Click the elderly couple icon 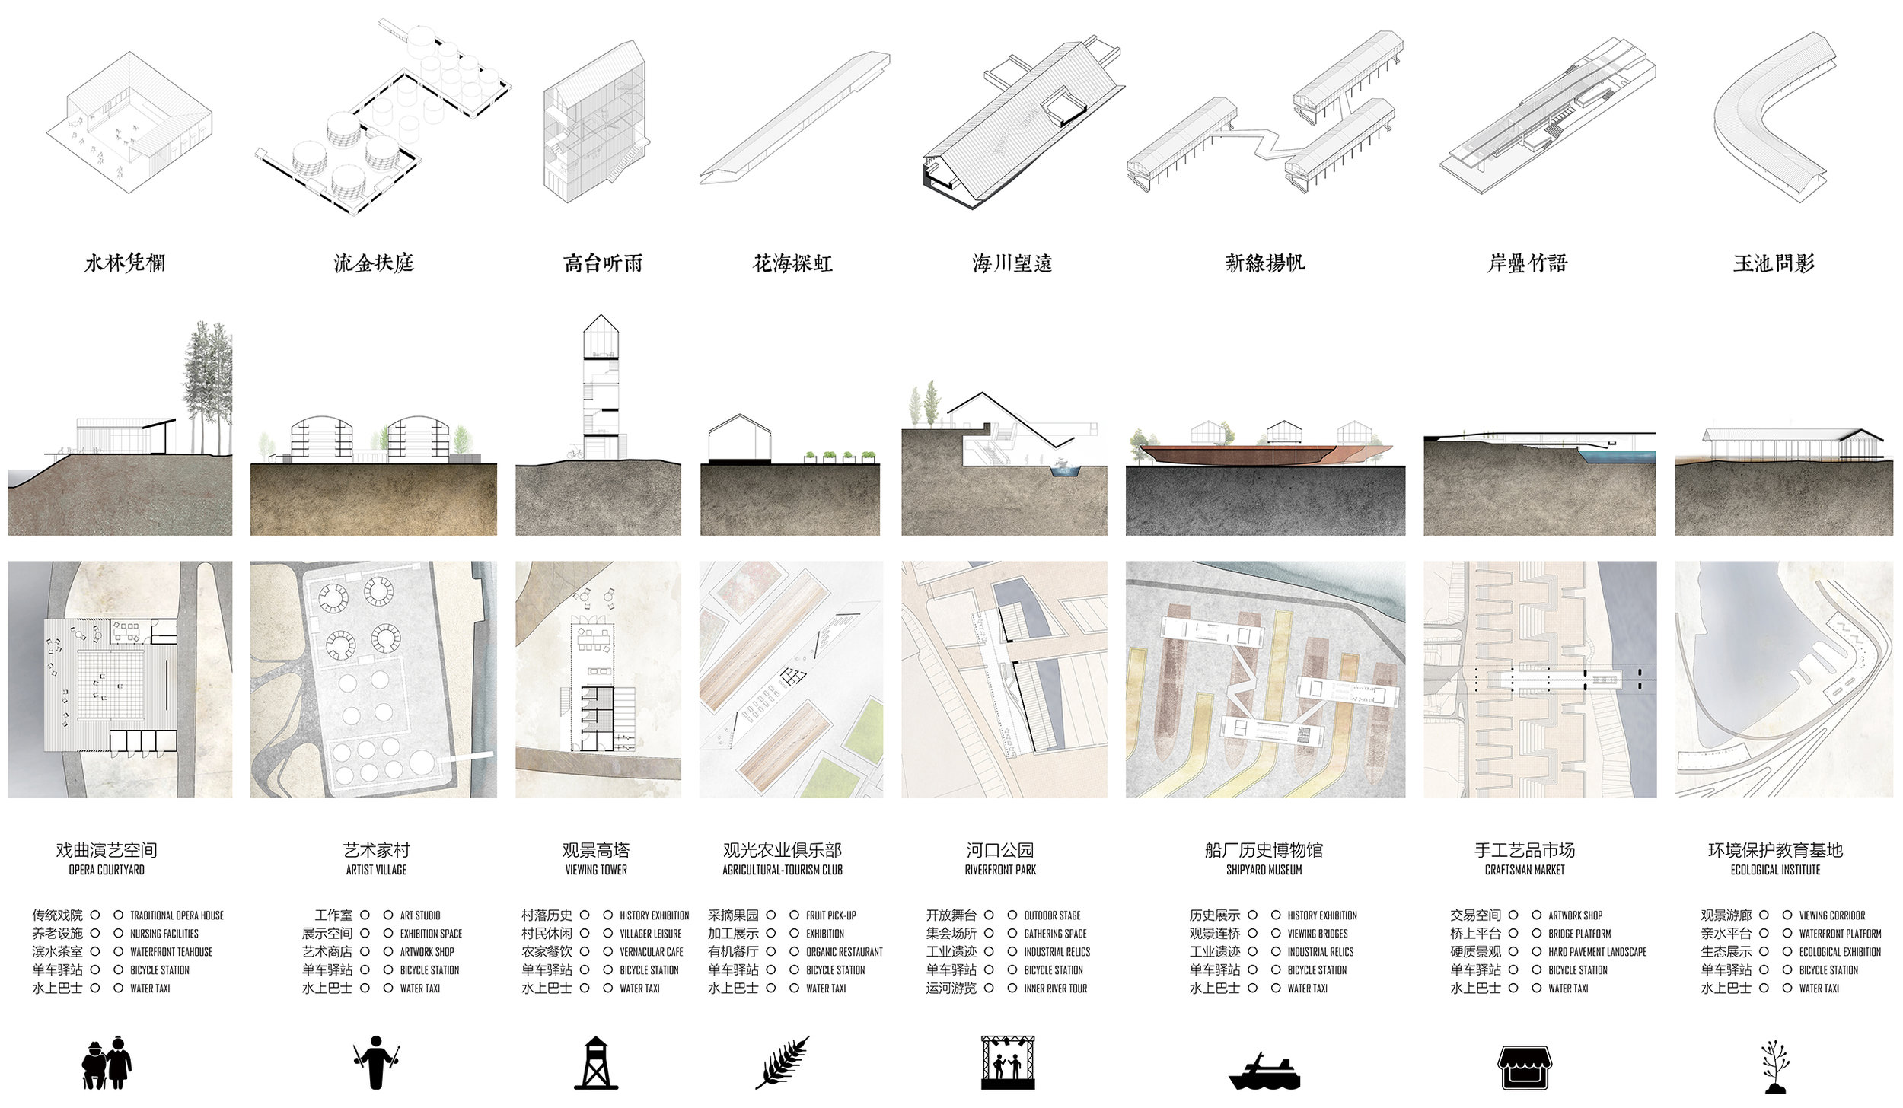tap(107, 1062)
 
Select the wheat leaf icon tap(783, 1062)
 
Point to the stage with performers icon tap(1008, 1062)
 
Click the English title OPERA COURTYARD tap(107, 870)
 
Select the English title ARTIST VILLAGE tap(376, 870)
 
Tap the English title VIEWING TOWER tap(596, 870)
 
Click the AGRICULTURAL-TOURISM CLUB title tap(783, 870)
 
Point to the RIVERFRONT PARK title tap(1000, 870)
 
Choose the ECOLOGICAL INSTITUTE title tap(1775, 870)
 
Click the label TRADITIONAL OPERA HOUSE tap(177, 915)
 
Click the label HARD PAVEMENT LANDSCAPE tap(1597, 952)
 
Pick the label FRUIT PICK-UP tap(830, 915)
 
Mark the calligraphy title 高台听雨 tap(603, 263)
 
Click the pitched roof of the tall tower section tap(601, 329)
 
